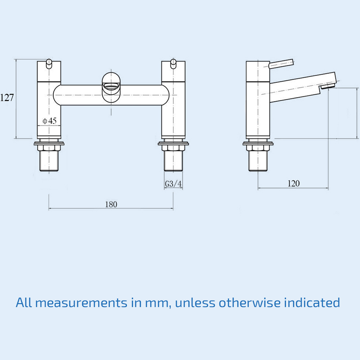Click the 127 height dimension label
(7, 97)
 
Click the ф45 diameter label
(50, 121)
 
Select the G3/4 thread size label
(173, 184)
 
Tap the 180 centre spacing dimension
(111, 204)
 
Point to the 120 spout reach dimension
(293, 184)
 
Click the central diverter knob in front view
(111, 86)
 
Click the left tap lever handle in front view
(49, 64)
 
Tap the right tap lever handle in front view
(173, 64)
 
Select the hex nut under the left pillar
(49, 147)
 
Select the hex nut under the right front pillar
(173, 147)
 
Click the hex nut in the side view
(258, 147)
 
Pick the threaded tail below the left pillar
(49, 161)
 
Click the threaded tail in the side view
(258, 161)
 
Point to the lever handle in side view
(282, 64)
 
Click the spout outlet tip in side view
(328, 86)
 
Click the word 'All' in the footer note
(24, 303)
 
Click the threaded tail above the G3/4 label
(173, 161)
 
